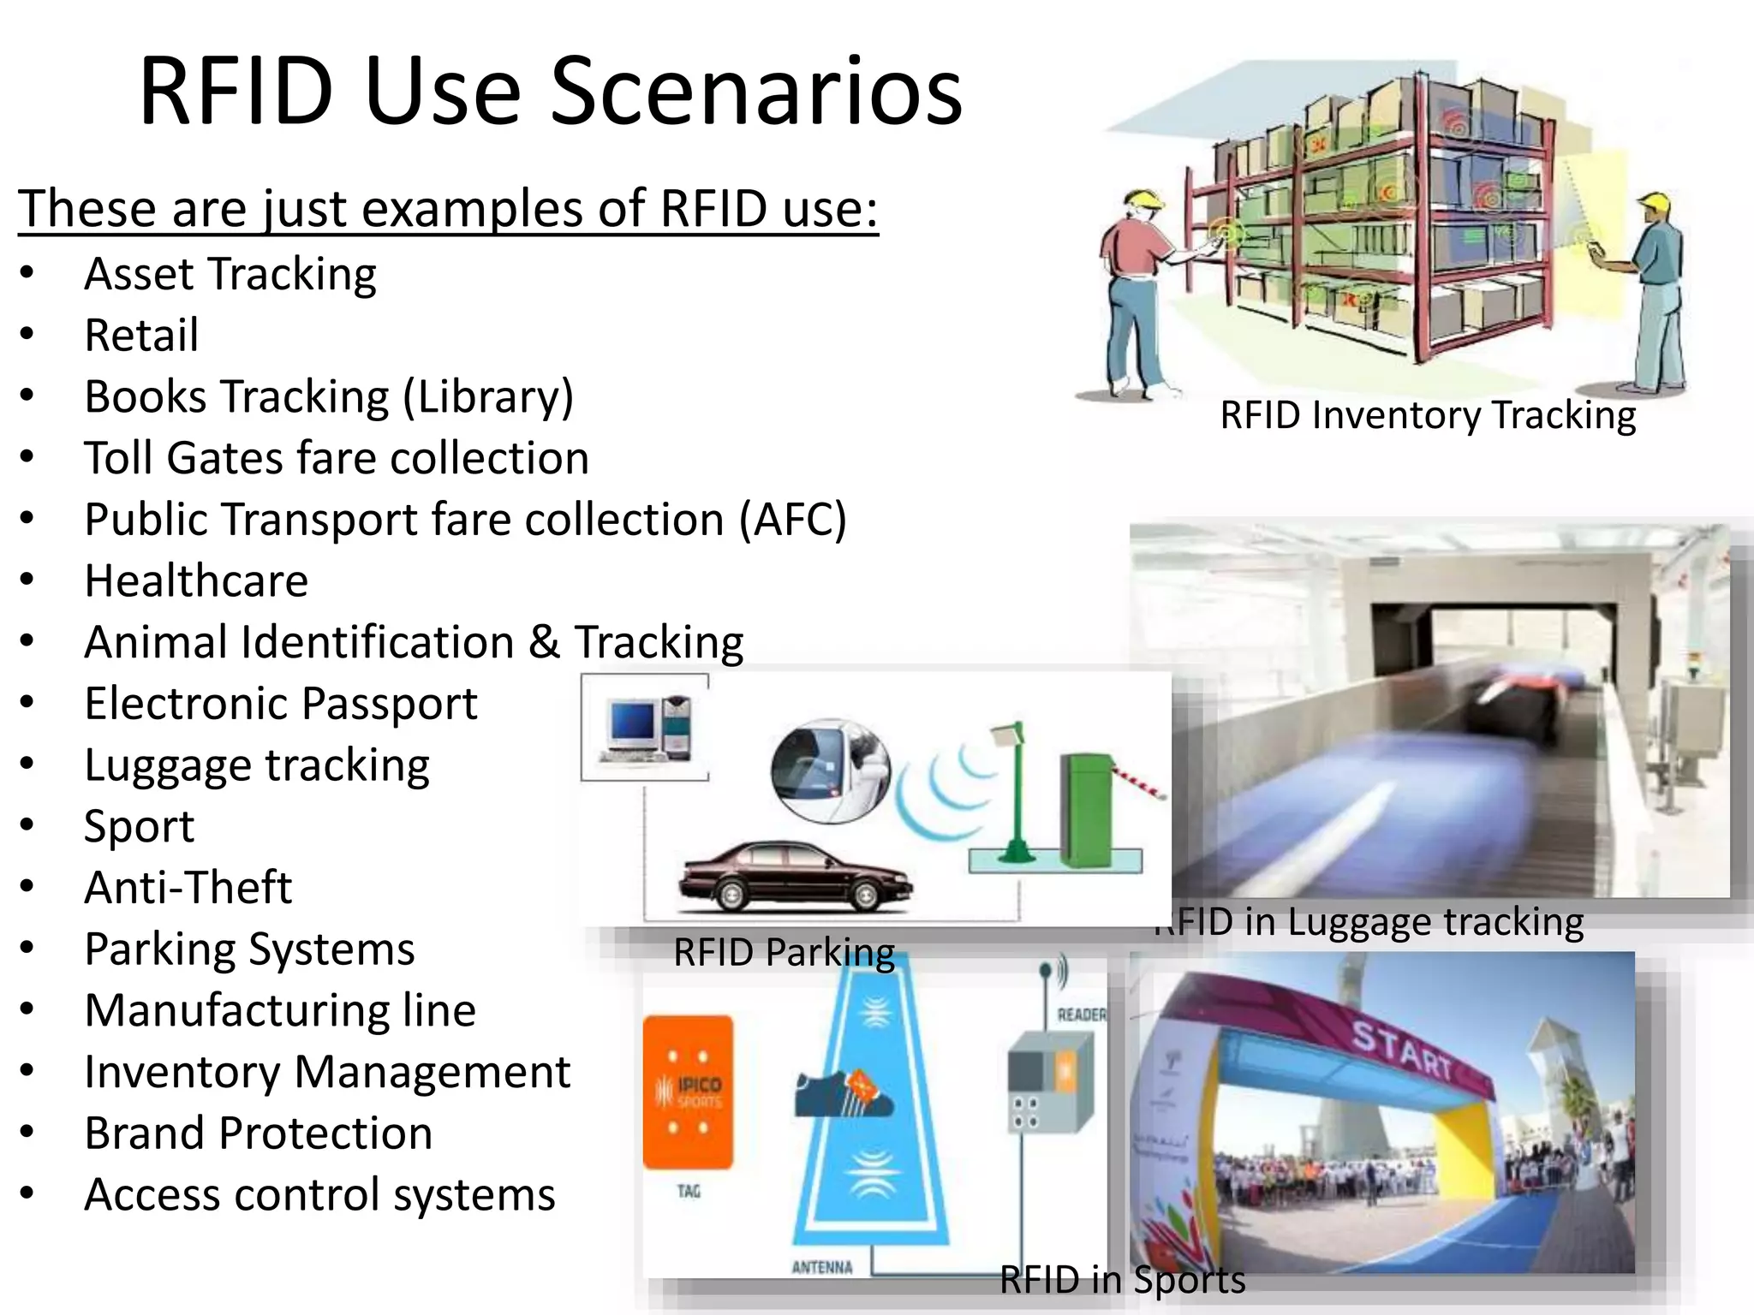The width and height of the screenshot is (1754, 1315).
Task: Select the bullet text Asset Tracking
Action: pyautogui.click(x=230, y=275)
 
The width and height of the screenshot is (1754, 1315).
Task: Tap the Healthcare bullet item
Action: pyautogui.click(x=196, y=581)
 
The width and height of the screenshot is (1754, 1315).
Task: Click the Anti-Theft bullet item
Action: pyautogui.click(x=188, y=888)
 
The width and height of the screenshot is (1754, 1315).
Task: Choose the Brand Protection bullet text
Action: pyautogui.click(x=258, y=1134)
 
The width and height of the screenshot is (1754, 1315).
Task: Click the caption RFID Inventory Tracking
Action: pyautogui.click(x=1427, y=415)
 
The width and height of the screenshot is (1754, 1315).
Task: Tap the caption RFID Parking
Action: pyautogui.click(x=783, y=952)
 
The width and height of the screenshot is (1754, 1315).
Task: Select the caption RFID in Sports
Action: pyautogui.click(x=1122, y=1280)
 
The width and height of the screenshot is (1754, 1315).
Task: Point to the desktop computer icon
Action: pyautogui.click(x=644, y=729)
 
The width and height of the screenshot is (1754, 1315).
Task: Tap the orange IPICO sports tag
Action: pyautogui.click(x=688, y=1092)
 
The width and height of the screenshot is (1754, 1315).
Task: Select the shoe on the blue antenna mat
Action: pyautogui.click(x=843, y=1093)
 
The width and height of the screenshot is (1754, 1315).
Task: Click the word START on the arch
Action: pyautogui.click(x=1403, y=1050)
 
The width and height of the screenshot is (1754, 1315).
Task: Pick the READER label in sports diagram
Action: pyautogui.click(x=1081, y=1015)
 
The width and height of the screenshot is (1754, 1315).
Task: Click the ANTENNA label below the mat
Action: pyautogui.click(x=821, y=1267)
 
